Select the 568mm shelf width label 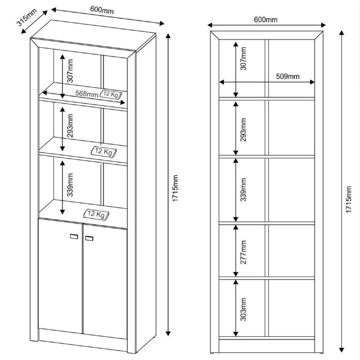coord(86,94)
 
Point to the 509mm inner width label coord(287,76)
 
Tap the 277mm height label coord(244,252)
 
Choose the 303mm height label coord(244,309)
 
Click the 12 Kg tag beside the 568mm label coord(111,94)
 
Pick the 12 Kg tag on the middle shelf coord(104,152)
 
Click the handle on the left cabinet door coord(74,236)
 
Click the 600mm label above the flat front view coord(266,19)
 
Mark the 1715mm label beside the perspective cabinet coord(175,188)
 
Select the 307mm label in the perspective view coord(70,70)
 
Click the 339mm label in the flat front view coord(244,189)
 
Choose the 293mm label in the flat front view coord(244,130)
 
